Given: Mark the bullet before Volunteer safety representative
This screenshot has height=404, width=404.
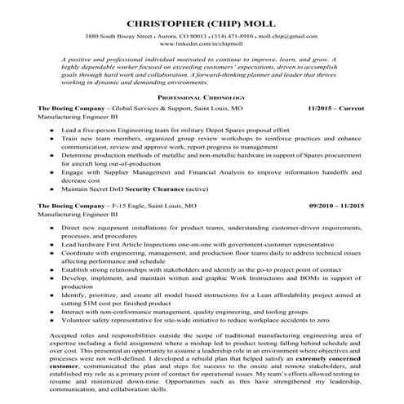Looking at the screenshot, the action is tap(52, 320).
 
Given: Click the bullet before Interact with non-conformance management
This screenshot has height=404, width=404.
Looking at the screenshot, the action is tap(52, 312).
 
